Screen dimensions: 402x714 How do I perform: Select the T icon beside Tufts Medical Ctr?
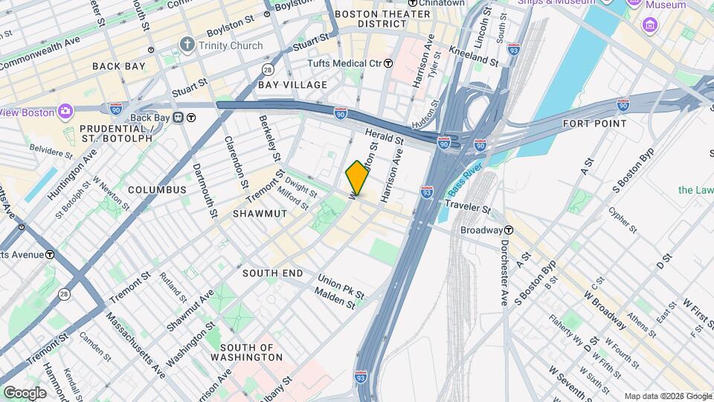388,64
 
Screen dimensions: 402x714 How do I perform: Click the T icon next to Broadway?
509,230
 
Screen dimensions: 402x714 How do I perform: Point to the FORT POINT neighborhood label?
594,124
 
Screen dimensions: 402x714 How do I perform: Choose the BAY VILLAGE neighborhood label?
293,85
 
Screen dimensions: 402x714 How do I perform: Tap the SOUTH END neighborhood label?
273,273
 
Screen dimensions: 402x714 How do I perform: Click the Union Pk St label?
340,287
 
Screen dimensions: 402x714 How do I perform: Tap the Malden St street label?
334,301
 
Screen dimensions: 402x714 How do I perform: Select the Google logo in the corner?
25,392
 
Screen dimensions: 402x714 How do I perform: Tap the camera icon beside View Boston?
66,111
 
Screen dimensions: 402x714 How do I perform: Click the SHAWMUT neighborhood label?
239,214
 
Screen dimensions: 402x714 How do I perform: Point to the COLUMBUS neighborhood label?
157,190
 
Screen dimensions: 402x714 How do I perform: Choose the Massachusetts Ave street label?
135,342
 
